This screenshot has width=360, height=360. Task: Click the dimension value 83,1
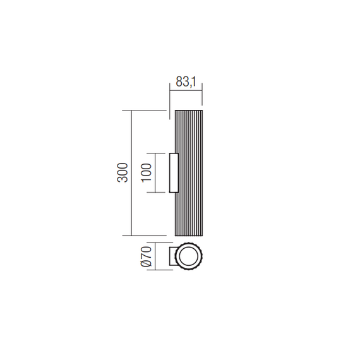click(x=186, y=81)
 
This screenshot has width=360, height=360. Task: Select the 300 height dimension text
click(x=123, y=172)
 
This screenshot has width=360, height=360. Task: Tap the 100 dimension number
click(x=147, y=173)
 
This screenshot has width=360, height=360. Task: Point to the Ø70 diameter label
click(x=146, y=256)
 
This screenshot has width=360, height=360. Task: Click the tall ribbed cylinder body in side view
click(x=189, y=173)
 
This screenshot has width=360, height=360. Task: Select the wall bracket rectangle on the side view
click(x=174, y=172)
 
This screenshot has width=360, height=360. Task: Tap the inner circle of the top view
click(x=188, y=256)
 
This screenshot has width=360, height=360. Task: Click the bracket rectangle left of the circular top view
click(x=172, y=256)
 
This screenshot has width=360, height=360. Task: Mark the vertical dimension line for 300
click(x=131, y=173)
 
